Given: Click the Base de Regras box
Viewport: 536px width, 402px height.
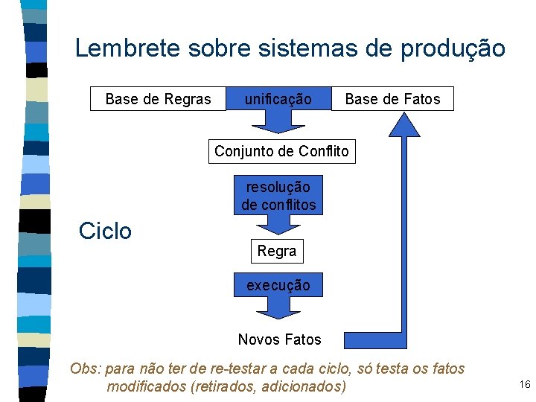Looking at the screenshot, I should [158, 99].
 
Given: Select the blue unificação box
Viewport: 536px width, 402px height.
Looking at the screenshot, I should [278, 98].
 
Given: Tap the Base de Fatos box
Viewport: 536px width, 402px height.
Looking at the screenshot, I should [392, 99].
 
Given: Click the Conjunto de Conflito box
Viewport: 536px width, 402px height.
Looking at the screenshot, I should [281, 152].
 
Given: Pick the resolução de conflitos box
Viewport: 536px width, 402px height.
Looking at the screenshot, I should [278, 195].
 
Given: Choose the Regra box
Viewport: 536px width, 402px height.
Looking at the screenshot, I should [277, 252].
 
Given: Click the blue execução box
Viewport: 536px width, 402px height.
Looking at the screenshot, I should [278, 285].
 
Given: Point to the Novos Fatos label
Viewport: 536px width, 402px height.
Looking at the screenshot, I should [279, 340].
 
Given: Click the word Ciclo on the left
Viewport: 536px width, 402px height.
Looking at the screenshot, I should [105, 231].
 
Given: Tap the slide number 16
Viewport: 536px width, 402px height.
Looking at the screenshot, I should [524, 384].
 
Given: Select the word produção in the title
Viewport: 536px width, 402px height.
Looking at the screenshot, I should [453, 49].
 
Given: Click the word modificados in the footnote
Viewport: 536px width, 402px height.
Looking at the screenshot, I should [147, 387].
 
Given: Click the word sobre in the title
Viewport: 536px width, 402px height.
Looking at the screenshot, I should [224, 49].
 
